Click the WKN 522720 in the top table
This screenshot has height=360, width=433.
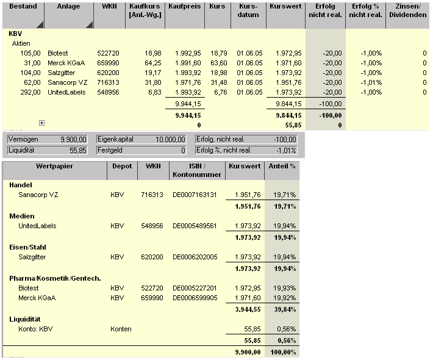(107, 53)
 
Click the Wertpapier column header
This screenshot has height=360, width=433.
(54, 166)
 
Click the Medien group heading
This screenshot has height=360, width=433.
(22, 216)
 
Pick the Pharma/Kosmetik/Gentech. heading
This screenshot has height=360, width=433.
(54, 278)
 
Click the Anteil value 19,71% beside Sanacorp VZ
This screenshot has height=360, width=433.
(284, 195)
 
